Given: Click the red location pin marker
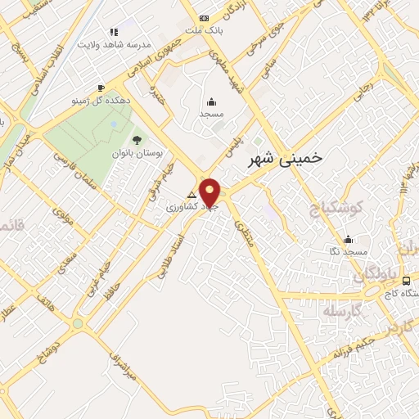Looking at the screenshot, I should tap(210, 192).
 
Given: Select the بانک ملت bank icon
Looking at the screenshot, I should tap(204, 19).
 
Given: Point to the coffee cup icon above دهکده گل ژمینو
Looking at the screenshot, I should tap(101, 88).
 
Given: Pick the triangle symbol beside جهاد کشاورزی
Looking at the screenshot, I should tap(193, 196).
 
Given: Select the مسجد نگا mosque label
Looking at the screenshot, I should tap(349, 253).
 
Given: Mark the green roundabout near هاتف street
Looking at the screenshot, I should tap(78, 322).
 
